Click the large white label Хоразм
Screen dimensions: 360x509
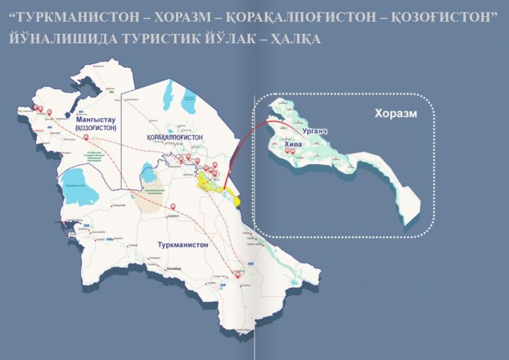click(x=396, y=113)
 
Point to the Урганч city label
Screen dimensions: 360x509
click(x=314, y=132)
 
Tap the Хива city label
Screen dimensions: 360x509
click(x=293, y=144)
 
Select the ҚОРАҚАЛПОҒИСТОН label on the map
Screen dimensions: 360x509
click(x=175, y=137)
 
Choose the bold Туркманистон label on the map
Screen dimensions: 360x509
click(x=182, y=244)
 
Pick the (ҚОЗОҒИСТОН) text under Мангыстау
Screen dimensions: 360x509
click(x=96, y=129)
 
